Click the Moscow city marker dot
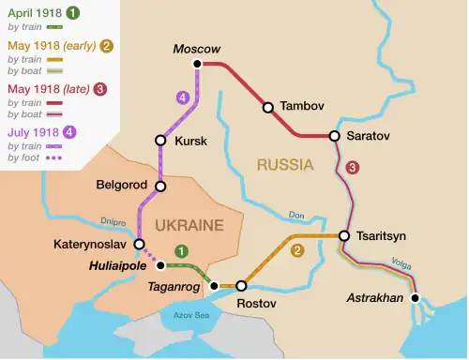click(197, 64)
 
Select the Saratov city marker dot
click(334, 136)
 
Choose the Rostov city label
click(256, 305)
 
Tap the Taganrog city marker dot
click(214, 285)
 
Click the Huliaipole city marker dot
click(158, 264)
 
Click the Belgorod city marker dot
click(160, 187)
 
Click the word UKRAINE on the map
click(189, 225)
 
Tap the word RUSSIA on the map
click(284, 166)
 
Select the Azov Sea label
click(190, 315)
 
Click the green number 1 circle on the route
click(181, 251)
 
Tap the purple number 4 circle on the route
click(182, 97)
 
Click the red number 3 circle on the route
click(352, 168)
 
